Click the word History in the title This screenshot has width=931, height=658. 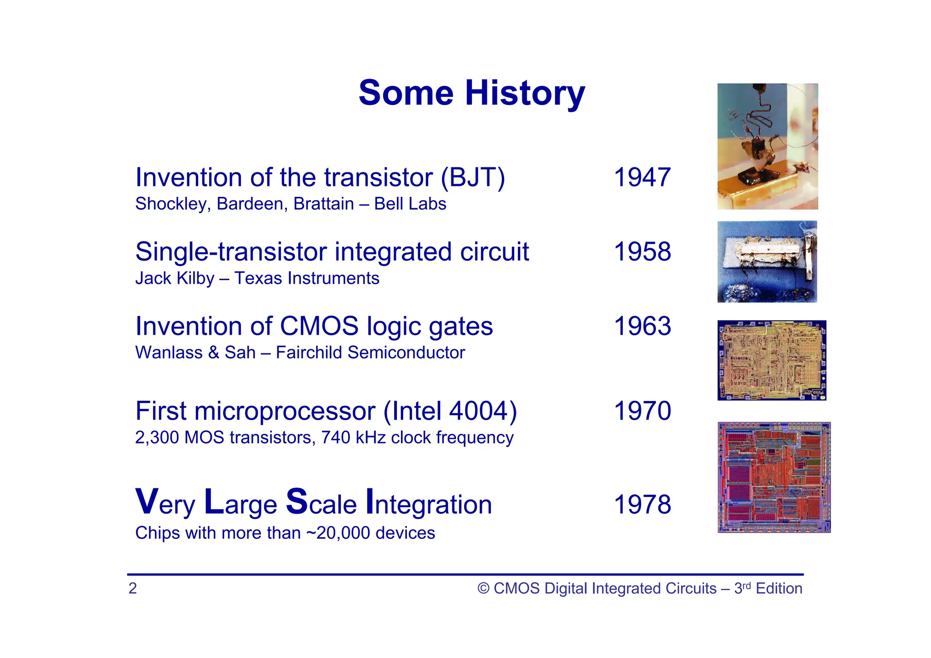525,93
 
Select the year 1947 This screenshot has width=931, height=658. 642,177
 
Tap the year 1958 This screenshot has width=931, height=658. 642,251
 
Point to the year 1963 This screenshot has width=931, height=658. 642,326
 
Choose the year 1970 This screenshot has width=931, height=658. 642,411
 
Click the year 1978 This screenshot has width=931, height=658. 642,504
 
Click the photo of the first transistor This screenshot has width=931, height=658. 767,146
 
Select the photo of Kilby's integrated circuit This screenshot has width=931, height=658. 767,261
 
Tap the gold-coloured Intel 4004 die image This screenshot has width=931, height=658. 771,360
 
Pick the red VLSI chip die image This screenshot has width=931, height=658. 774,477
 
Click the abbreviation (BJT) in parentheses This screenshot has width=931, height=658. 473,177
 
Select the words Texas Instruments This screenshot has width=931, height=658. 306,278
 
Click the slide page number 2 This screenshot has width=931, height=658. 132,588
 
